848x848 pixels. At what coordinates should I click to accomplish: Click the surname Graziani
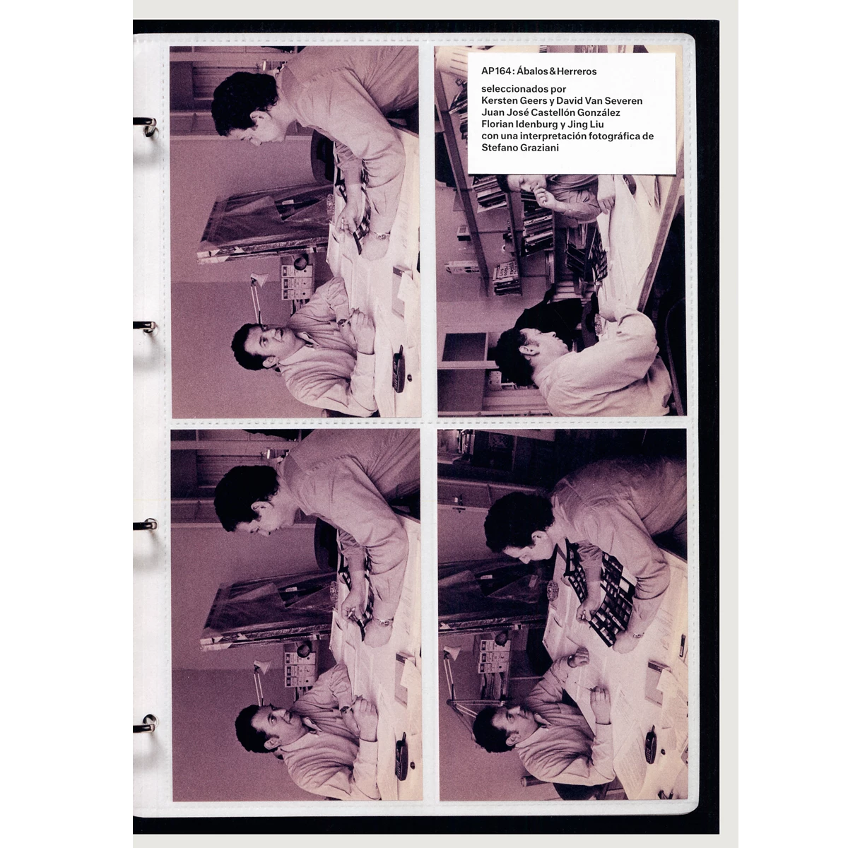tap(538, 148)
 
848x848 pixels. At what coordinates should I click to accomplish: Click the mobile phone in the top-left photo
tap(399, 369)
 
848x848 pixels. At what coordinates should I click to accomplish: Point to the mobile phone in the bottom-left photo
tap(401, 756)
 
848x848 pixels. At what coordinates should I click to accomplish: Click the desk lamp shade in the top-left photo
tap(260, 280)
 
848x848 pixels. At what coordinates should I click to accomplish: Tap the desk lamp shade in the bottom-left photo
tap(263, 668)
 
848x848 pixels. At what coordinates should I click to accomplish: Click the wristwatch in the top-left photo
tap(381, 236)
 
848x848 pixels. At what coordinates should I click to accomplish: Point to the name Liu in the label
tap(596, 124)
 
